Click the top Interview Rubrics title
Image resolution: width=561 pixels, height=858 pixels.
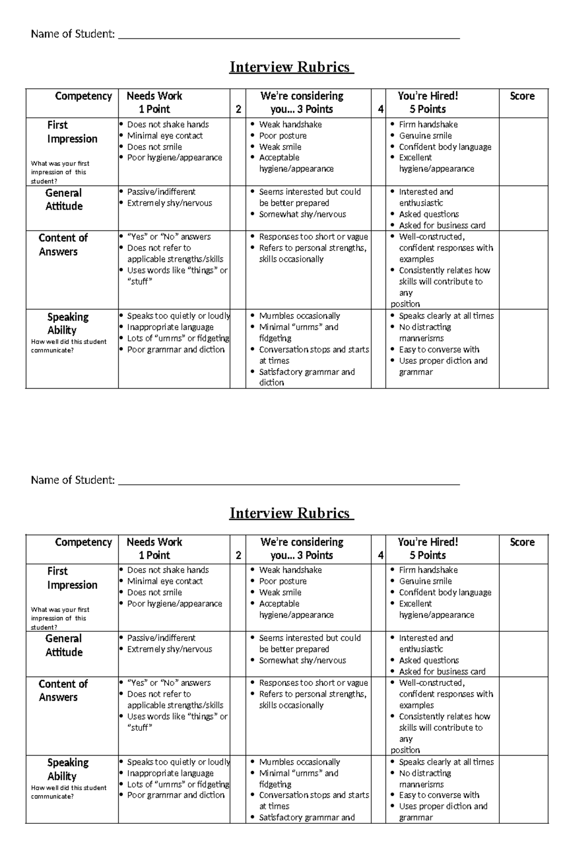(x=291, y=67)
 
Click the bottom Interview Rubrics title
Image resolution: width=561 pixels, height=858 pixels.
(x=291, y=513)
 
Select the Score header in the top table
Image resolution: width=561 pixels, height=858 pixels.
(x=522, y=96)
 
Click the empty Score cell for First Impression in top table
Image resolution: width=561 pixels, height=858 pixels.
(x=523, y=151)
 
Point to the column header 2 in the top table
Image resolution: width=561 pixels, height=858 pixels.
(x=238, y=109)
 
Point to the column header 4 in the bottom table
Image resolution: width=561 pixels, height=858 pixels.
(x=381, y=555)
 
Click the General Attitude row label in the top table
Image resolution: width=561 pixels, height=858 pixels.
(x=64, y=200)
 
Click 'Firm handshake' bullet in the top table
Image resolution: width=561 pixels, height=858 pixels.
(x=428, y=124)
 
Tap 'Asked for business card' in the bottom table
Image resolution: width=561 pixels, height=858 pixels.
(x=442, y=671)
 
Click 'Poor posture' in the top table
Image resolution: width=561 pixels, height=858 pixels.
(x=282, y=136)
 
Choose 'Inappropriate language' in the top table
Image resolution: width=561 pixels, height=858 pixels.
(x=170, y=327)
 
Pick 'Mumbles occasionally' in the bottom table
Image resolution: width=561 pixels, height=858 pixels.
(x=299, y=762)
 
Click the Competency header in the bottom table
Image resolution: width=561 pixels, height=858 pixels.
(x=83, y=542)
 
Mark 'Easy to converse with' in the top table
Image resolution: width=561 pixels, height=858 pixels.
(x=439, y=349)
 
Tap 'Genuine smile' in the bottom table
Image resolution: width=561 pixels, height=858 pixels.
(x=425, y=581)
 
